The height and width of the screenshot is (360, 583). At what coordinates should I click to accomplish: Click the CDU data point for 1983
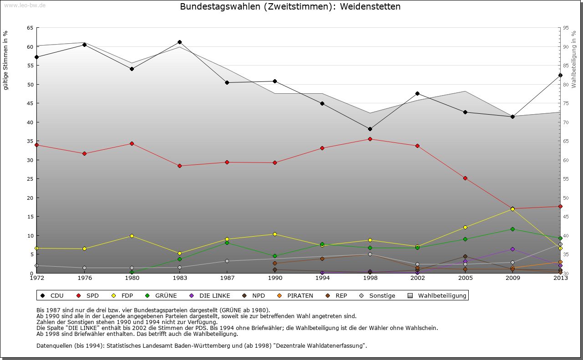pos(179,42)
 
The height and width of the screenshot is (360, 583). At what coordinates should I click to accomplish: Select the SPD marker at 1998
pos(370,139)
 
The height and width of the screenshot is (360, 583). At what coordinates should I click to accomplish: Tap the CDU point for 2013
pos(560,75)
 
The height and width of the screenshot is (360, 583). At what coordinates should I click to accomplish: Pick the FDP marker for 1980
pos(132,236)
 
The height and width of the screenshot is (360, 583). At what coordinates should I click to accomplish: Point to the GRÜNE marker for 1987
pos(227,243)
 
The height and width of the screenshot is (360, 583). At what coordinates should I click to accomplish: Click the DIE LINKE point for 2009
pos(512,249)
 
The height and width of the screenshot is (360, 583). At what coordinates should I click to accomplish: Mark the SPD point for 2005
pos(465,178)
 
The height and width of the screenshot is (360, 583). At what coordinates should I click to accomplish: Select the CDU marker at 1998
pos(370,129)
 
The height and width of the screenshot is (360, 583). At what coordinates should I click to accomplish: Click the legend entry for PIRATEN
pos(296,296)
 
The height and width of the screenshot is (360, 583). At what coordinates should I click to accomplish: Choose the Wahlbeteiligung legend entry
pos(438,296)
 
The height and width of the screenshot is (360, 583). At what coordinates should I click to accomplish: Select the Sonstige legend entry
pos(378,296)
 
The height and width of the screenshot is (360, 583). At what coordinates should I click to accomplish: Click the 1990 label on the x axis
pos(275,278)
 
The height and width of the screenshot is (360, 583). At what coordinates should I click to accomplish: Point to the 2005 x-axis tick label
pos(465,278)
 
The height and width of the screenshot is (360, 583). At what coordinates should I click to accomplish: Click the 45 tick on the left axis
pos(30,103)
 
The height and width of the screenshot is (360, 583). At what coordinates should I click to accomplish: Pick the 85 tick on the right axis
pos(566,66)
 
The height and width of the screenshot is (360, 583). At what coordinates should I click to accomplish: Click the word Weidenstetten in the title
pos(370,7)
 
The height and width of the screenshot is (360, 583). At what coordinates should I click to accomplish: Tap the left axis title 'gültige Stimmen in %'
pos(6,60)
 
